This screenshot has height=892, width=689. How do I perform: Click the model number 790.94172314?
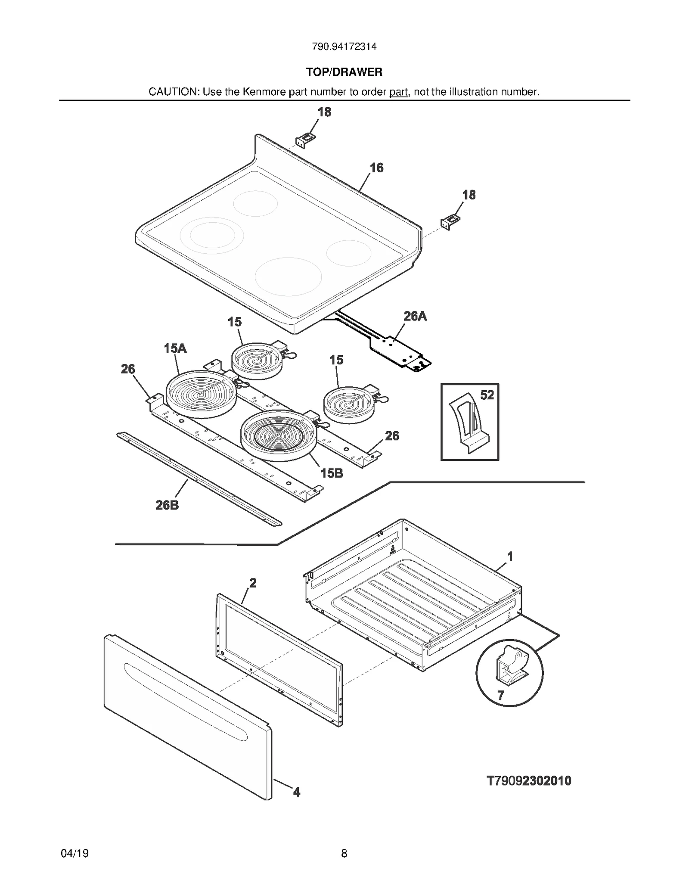click(344, 47)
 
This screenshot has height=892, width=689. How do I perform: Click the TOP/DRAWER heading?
click(344, 72)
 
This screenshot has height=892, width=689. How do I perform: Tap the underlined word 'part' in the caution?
click(398, 92)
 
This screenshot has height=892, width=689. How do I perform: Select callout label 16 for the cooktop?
click(376, 168)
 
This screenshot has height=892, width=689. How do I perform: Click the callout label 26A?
click(415, 316)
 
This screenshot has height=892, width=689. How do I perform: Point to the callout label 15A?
click(175, 348)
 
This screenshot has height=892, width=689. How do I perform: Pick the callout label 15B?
click(332, 473)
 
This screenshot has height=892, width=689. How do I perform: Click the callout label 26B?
click(167, 505)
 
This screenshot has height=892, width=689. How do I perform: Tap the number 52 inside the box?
click(487, 395)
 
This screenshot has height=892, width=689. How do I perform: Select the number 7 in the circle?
click(501, 695)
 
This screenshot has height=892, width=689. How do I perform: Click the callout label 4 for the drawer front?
click(296, 792)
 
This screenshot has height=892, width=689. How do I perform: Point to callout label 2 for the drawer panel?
click(253, 583)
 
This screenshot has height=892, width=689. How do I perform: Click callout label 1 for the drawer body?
click(510, 556)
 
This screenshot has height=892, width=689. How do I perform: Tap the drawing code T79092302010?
click(529, 781)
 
